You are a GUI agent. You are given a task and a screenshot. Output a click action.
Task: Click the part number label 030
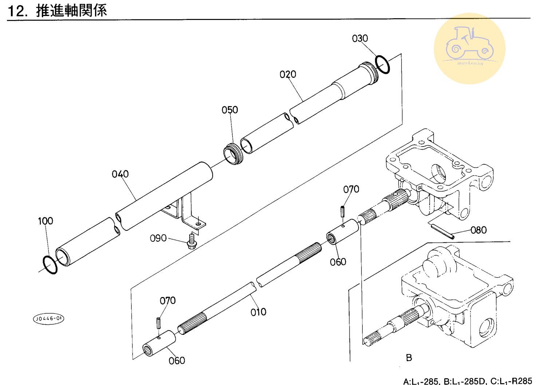[x=360, y=39]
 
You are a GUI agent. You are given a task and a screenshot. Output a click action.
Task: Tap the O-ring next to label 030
[x=383, y=64]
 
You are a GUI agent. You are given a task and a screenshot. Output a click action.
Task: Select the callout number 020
[x=288, y=75]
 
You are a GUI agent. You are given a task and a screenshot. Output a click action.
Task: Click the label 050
[x=230, y=110]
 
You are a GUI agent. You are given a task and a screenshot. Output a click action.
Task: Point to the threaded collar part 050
[x=233, y=154]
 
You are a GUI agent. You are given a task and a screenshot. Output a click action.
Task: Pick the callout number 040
[x=120, y=174]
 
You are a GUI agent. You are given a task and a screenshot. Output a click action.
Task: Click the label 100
[x=46, y=221]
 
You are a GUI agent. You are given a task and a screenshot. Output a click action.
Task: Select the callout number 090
[x=158, y=238]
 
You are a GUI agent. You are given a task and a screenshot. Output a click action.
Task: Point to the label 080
[x=478, y=230]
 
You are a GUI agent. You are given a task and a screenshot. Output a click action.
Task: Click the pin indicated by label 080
[x=442, y=232]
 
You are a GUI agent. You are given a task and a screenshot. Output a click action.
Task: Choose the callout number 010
[x=258, y=312]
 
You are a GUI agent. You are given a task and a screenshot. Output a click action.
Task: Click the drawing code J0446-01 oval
[x=48, y=319]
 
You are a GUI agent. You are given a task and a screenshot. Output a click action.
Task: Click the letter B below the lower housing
[x=409, y=358]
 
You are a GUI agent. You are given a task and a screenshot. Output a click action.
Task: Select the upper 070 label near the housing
[x=351, y=189]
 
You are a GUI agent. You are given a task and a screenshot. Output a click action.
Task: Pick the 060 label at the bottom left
[x=177, y=361]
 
